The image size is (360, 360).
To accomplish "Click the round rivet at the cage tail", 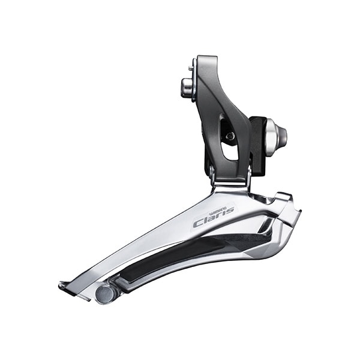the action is pos(105,294).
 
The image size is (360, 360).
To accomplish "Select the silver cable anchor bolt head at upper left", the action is pos(187,88).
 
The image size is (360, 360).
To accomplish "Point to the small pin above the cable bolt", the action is pos(191,68).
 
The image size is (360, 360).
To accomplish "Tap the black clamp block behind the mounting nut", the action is pos(258,146).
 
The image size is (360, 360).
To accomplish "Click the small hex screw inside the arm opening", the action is pos(230,136).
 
